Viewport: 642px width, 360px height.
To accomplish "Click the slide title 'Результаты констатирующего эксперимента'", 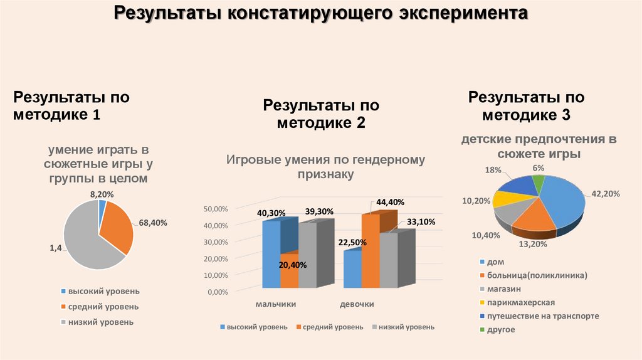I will coord(320,14).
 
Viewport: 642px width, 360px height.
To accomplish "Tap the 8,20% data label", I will coord(102,194).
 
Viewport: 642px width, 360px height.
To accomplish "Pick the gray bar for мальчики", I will coord(308,254).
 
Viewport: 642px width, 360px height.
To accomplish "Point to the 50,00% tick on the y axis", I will coord(217,209).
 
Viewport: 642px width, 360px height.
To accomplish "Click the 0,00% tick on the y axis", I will coord(217,292).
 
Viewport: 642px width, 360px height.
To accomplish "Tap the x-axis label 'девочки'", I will coord(357,304).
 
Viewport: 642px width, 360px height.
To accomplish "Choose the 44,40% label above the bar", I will coord(390,202).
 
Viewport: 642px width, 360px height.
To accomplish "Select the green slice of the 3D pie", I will coord(537,183).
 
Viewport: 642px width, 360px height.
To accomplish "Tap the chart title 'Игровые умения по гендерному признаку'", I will coord(325,167).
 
